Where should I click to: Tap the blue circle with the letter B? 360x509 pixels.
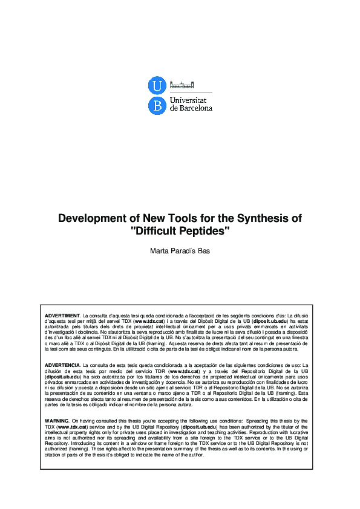point(156,106)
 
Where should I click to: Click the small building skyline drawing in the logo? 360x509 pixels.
point(182,85)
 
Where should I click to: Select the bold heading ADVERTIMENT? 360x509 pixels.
point(62,316)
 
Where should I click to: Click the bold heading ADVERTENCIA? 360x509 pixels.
point(62,366)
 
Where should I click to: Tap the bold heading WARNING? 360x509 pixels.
point(57,420)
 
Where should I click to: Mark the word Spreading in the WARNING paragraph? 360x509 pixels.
point(257,420)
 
